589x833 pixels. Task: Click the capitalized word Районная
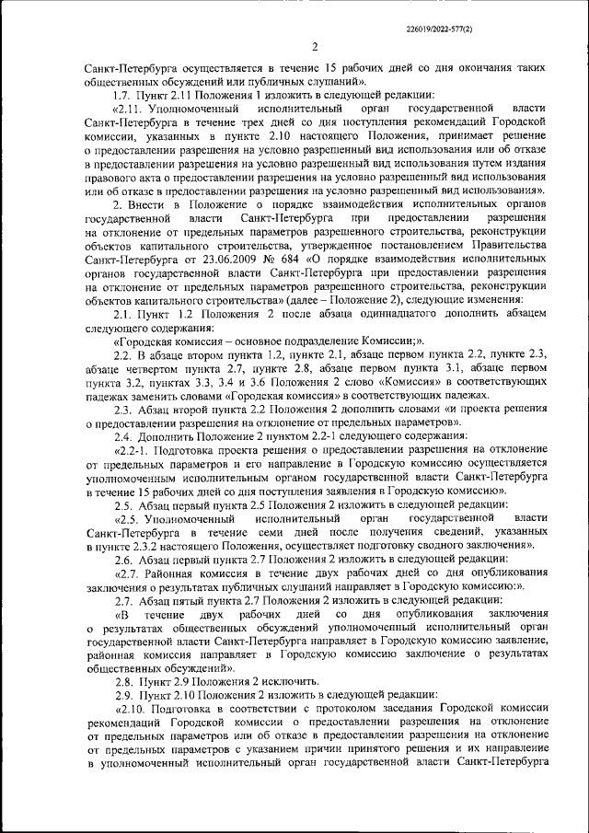pos(180,574)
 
